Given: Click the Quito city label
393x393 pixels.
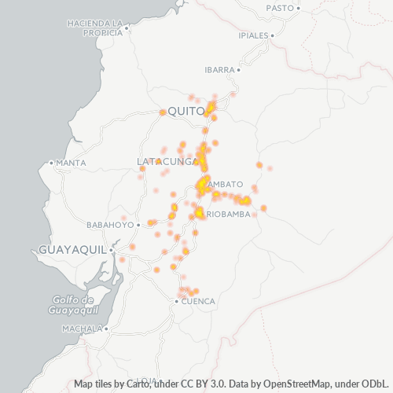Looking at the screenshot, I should click(185, 111).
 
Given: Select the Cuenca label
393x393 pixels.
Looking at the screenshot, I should click(198, 301).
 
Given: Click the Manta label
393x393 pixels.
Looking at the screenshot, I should click(71, 163).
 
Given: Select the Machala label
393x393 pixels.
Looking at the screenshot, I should click(82, 328).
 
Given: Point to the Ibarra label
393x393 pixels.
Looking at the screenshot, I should click(219, 69).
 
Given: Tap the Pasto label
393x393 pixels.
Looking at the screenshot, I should click(279, 8).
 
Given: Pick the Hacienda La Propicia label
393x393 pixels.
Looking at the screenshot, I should click(94, 28).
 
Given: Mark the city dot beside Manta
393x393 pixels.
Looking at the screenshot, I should click(52, 163).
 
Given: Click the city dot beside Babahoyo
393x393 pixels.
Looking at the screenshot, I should click(138, 224).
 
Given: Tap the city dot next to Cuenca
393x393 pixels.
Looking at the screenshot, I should click(177, 301).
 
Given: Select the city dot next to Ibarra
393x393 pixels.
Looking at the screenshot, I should click(238, 69).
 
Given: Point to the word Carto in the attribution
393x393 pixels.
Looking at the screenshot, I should click(131, 384).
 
